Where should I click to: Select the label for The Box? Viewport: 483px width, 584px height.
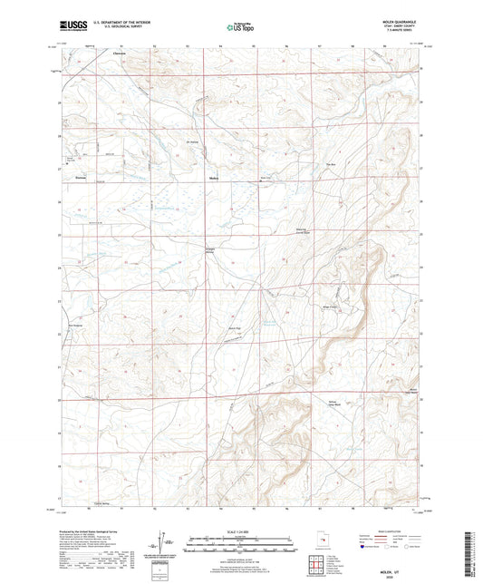click(x=331, y=164)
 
